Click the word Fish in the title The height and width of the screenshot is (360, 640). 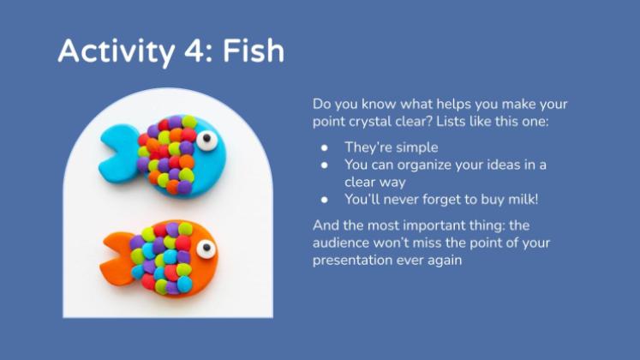[253, 51]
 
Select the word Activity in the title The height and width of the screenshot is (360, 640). [117, 52]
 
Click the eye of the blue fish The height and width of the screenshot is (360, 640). [207, 140]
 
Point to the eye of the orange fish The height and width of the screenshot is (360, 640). [206, 249]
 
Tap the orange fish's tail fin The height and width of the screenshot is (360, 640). [118, 259]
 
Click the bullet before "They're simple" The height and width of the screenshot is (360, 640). [325, 147]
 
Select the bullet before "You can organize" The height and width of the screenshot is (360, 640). [325, 165]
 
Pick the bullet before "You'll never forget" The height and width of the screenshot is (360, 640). [325, 200]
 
